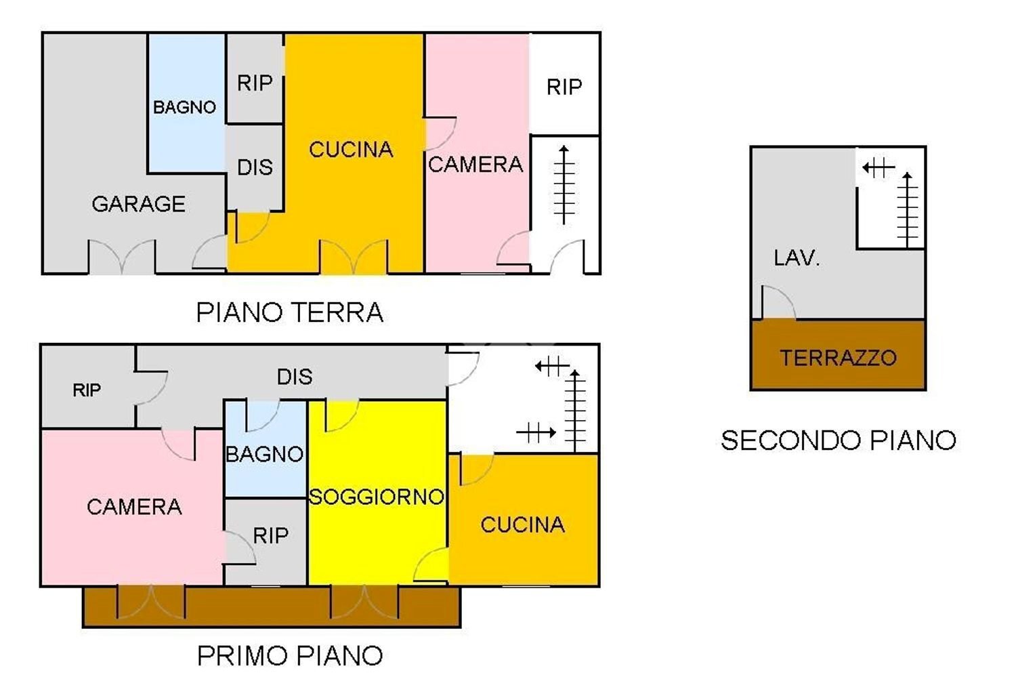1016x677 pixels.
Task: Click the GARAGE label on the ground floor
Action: coord(138,204)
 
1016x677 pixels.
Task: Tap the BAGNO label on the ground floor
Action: coord(184,107)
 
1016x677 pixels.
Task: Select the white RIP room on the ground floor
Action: coord(564,87)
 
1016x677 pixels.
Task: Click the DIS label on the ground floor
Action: coord(255,167)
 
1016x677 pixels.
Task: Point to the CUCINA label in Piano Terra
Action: coord(351,150)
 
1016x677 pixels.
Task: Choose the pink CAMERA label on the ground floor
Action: coord(475,165)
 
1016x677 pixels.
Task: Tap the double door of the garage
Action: coord(122,258)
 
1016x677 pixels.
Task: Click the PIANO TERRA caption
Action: coord(290,313)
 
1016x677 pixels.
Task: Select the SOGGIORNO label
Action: coord(377,497)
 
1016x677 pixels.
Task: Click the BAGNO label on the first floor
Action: coord(264,454)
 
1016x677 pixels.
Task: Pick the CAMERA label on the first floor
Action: coord(134,507)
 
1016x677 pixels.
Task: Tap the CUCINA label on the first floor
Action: coord(522,525)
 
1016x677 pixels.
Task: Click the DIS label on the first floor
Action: coord(295,377)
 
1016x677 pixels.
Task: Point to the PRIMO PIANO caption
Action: coord(290,656)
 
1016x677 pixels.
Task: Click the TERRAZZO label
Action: coord(838,358)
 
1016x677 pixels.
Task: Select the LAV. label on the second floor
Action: coord(797,258)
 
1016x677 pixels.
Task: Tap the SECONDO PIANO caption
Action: coord(839,441)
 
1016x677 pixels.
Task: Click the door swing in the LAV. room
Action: coord(778,303)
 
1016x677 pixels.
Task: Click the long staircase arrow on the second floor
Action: coord(907,210)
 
